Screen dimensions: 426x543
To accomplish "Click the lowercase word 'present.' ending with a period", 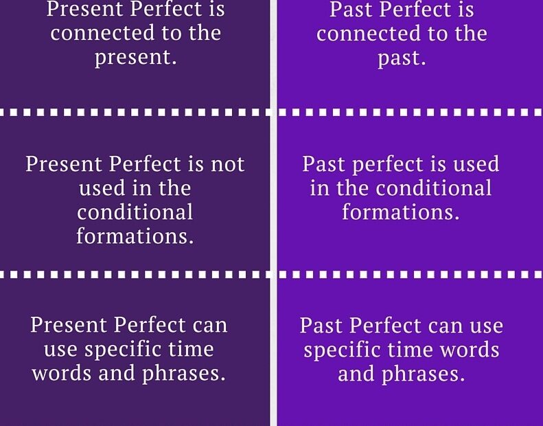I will [135, 58].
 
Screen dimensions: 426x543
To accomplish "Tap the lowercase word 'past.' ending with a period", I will [402, 58].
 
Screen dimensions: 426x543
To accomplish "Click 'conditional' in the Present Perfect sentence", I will [135, 212].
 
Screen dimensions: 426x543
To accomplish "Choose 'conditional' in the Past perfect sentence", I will [435, 188].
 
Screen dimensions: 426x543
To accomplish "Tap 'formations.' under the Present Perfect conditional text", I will [135, 236].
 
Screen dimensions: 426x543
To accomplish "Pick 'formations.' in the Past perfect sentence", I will [401, 212].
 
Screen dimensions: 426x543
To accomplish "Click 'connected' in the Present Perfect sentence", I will [95, 34].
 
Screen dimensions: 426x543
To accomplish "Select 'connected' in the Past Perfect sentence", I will [362, 34].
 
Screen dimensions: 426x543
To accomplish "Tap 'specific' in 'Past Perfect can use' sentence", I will [350, 350].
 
